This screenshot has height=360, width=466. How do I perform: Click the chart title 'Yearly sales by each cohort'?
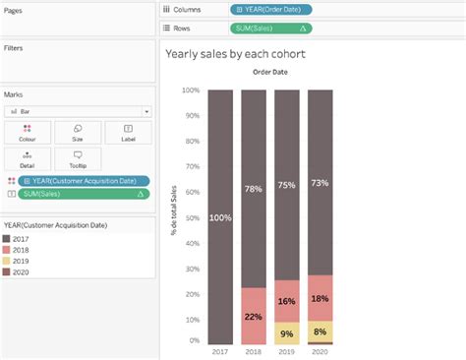(235, 53)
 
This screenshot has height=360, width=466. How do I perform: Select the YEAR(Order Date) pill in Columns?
(271, 9)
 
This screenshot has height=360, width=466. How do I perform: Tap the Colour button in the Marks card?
(27, 132)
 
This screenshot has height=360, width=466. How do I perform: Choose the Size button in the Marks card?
(78, 132)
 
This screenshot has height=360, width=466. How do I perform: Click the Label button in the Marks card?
(129, 132)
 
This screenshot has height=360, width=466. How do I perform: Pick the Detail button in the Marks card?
(27, 158)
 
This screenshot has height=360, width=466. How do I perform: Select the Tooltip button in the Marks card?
(78, 158)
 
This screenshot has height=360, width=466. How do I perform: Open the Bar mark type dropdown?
(78, 111)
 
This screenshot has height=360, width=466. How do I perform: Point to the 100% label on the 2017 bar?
(220, 217)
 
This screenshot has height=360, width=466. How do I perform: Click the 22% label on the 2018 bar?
(254, 316)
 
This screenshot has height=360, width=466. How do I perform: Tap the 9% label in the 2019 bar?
(287, 334)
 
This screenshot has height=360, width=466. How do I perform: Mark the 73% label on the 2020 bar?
(320, 183)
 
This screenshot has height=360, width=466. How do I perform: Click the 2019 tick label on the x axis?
(287, 351)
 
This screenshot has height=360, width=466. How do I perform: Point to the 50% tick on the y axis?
(193, 215)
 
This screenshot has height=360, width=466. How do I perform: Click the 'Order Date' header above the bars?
(268, 72)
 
